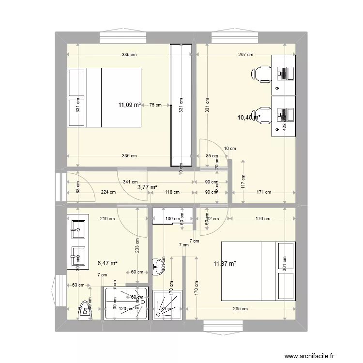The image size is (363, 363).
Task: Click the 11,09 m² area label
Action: tap(130, 104)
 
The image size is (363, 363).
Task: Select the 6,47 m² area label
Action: tap(107, 263)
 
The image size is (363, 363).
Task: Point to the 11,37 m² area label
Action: tap(225, 263)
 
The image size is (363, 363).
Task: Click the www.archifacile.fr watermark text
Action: tap(310, 356)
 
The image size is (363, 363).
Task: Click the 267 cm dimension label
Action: tap(246, 55)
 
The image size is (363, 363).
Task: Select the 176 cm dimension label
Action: tap(263, 219)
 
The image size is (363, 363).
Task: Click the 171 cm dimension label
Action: tap(264, 192)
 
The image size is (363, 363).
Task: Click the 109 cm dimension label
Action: tap(172, 219)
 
